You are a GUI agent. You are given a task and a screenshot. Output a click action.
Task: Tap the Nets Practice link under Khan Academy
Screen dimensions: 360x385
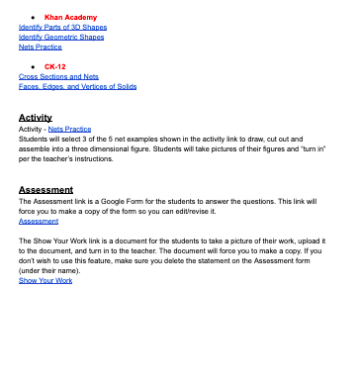tap(41, 47)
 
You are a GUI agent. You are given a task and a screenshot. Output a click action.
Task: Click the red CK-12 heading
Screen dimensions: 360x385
tap(54, 66)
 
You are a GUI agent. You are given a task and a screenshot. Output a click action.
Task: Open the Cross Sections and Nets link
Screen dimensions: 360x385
tap(58, 76)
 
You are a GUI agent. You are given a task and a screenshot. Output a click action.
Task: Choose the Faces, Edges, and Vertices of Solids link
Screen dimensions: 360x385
tap(77, 86)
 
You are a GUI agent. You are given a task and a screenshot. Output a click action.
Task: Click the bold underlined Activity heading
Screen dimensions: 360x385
tap(35, 118)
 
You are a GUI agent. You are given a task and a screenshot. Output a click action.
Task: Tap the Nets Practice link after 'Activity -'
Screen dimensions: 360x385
tap(70, 129)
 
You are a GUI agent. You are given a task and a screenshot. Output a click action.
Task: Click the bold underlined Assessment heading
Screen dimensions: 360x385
tap(45, 189)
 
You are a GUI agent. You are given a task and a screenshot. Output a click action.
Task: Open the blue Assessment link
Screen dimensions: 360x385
tap(39, 221)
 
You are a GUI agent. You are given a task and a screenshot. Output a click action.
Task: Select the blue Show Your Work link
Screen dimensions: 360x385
tap(45, 281)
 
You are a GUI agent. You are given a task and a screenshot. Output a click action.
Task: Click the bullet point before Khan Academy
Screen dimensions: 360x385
tap(34, 18)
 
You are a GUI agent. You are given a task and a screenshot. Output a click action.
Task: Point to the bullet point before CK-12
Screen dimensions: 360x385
tap(34, 66)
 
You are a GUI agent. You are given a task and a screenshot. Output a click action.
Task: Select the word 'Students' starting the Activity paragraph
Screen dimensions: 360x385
tap(35, 139)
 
